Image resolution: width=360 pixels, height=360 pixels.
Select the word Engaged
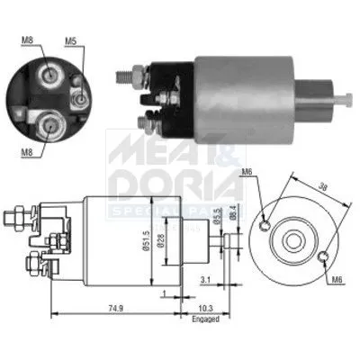click(x=205, y=318)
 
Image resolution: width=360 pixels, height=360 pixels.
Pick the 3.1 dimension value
click(x=206, y=280)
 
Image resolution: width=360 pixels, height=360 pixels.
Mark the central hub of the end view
click(x=294, y=239)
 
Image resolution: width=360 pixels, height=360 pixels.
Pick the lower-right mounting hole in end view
click(x=323, y=260)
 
